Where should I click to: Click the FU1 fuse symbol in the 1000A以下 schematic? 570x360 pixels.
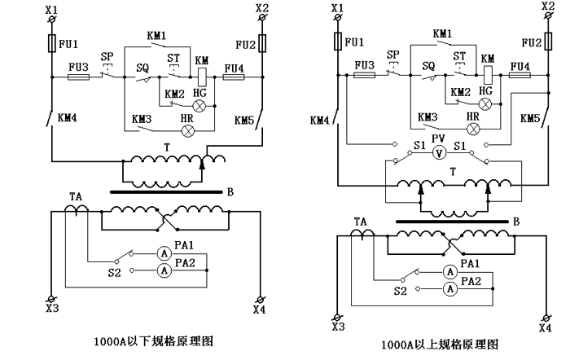point(50,42)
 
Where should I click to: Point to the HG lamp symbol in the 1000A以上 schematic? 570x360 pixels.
point(486,103)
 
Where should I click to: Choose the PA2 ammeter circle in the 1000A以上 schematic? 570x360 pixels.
point(447,288)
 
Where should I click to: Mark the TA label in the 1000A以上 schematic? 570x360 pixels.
point(360,221)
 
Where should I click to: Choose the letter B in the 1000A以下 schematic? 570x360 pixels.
point(231,192)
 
